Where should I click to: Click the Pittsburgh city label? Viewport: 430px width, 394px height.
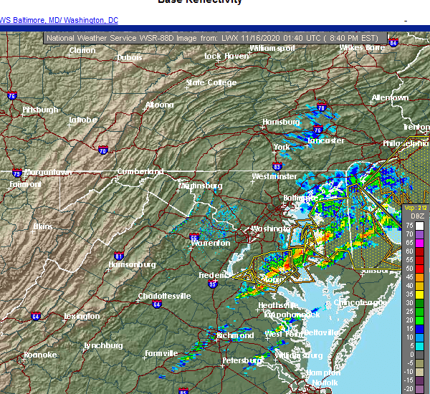[40, 110]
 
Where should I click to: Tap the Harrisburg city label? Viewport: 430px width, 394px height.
[280, 122]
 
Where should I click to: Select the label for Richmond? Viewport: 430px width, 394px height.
[235, 335]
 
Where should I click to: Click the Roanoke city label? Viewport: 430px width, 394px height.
[39, 355]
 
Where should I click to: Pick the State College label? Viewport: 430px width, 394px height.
[211, 82]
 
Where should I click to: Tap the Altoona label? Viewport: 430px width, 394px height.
[159, 105]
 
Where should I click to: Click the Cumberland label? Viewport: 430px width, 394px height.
[140, 172]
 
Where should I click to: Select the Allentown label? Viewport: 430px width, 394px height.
[390, 97]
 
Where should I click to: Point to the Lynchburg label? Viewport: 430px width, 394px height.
[103, 345]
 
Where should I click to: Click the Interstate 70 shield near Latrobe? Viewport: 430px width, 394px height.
[103, 150]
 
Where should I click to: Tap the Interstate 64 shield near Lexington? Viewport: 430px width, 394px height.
[36, 316]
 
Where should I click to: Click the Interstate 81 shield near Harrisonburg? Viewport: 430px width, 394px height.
[119, 256]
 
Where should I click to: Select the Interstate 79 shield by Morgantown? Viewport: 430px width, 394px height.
[16, 173]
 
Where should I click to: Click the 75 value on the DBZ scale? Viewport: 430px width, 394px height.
[409, 226]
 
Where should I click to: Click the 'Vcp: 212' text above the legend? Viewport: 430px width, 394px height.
[415, 207]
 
